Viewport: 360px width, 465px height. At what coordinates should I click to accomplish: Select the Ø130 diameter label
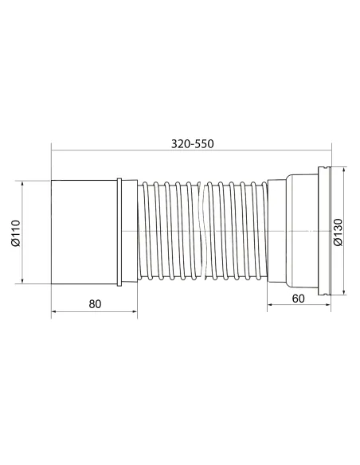[340, 232]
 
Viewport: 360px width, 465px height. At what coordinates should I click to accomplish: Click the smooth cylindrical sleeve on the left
[84, 231]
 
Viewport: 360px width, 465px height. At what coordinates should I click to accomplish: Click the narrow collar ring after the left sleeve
[119, 231]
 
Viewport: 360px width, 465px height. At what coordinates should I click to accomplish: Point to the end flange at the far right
[325, 231]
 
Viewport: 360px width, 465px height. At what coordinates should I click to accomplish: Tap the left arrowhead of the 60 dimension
[270, 309]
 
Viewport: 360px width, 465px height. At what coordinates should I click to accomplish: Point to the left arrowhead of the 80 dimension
[55, 312]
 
